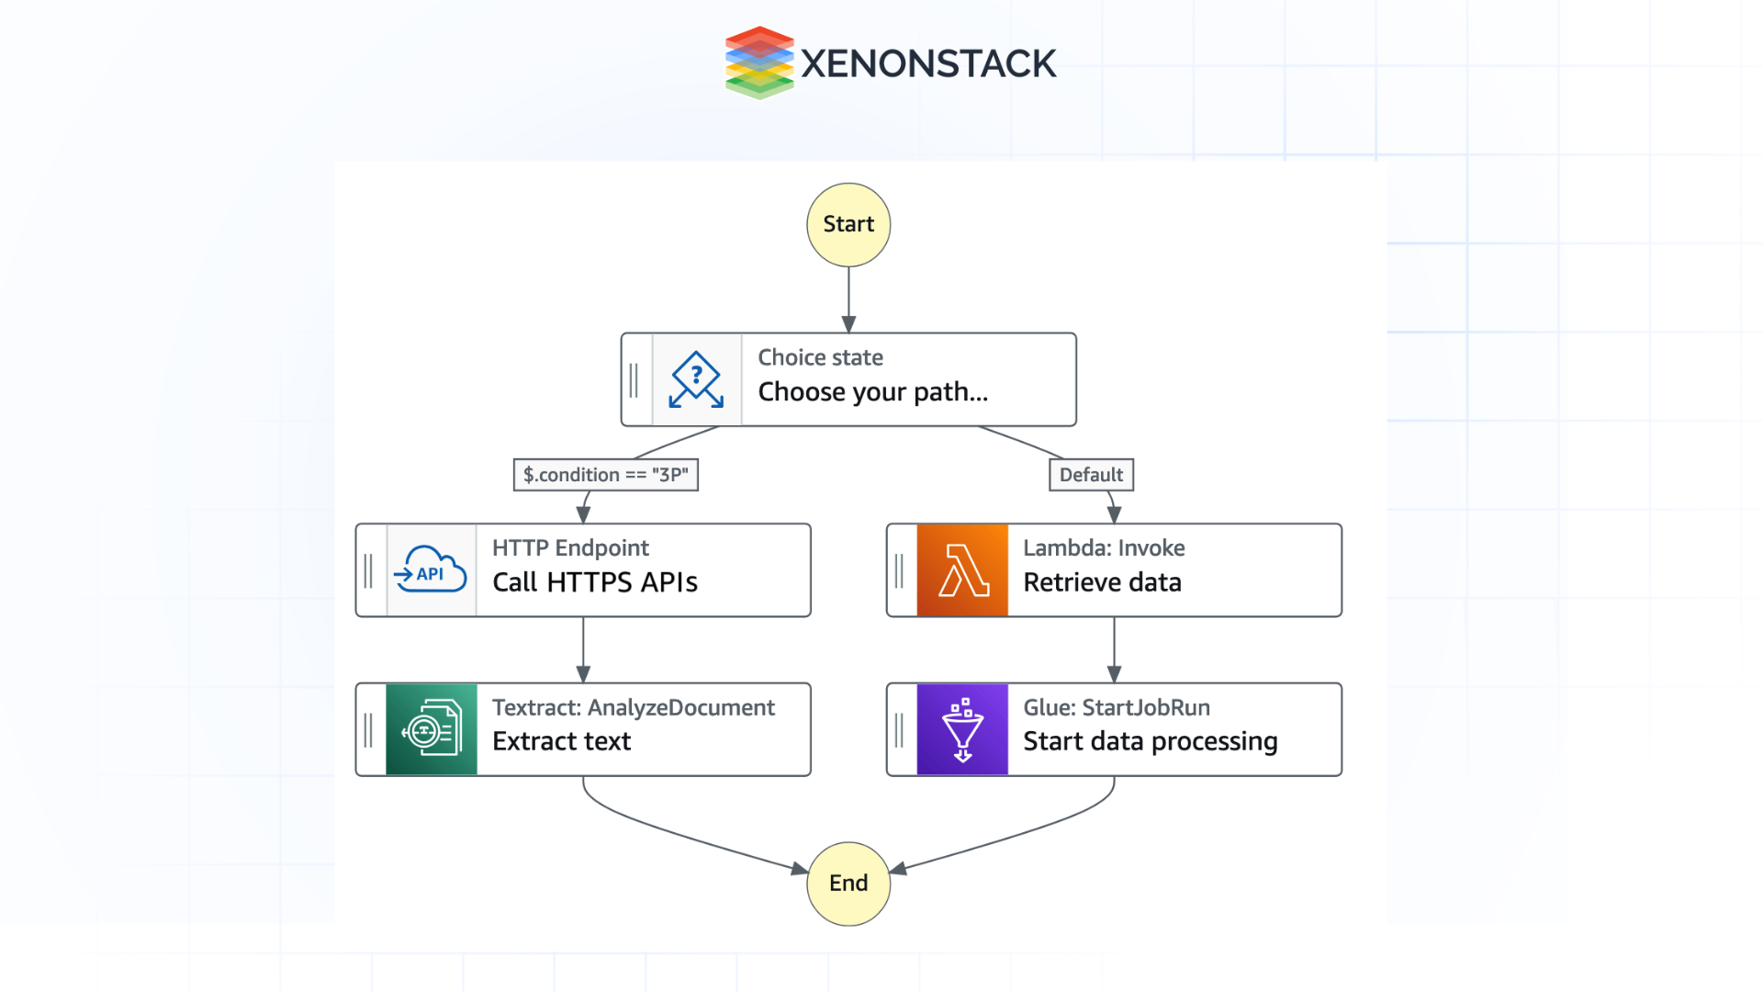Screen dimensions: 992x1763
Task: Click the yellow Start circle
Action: tap(848, 225)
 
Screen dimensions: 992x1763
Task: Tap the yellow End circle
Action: tap(848, 884)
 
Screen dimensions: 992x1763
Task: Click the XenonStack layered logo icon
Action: tap(758, 62)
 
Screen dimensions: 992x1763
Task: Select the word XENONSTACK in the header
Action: tap(928, 64)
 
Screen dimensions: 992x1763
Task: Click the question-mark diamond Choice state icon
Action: tap(696, 379)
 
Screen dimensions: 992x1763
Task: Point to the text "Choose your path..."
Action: tap(872, 392)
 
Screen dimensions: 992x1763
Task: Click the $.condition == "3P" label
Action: tap(605, 475)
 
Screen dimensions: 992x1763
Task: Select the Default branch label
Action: tap(1091, 475)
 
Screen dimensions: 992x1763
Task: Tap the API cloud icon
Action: tap(431, 570)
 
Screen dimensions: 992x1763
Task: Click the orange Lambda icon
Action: tap(962, 570)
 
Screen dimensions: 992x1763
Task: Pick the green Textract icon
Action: tap(431, 729)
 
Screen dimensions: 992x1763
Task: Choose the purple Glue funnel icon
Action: tap(962, 729)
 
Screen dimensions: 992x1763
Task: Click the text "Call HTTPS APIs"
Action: tap(594, 582)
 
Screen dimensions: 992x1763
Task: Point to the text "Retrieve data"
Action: tap(1102, 582)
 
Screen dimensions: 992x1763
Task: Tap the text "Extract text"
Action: tap(561, 741)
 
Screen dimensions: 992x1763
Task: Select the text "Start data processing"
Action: tap(1150, 741)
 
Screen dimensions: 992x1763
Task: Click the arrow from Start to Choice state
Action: tap(848, 299)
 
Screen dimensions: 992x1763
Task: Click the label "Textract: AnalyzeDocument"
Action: tap(633, 707)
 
